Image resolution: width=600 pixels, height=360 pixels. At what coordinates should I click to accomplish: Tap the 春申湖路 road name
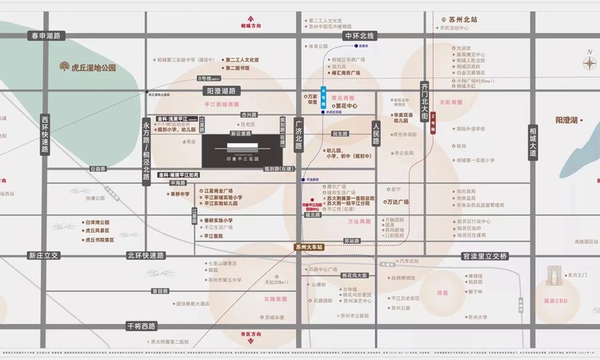click(x=46, y=35)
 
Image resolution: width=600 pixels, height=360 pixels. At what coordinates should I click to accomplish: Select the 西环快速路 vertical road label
click(x=45, y=134)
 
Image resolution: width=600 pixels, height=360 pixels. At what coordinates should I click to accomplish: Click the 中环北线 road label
click(x=359, y=35)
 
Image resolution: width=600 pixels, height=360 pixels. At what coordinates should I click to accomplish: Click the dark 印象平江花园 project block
click(x=239, y=149)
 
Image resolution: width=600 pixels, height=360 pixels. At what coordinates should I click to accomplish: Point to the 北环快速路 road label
click(x=145, y=256)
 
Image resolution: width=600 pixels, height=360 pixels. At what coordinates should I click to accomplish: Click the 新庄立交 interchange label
click(x=44, y=256)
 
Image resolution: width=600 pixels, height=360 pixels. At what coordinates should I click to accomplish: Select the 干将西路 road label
click(x=142, y=326)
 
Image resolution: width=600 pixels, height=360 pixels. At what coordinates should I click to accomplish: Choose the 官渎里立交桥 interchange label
click(x=485, y=256)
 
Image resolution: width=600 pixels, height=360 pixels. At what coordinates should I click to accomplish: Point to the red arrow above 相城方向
click(x=250, y=17)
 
